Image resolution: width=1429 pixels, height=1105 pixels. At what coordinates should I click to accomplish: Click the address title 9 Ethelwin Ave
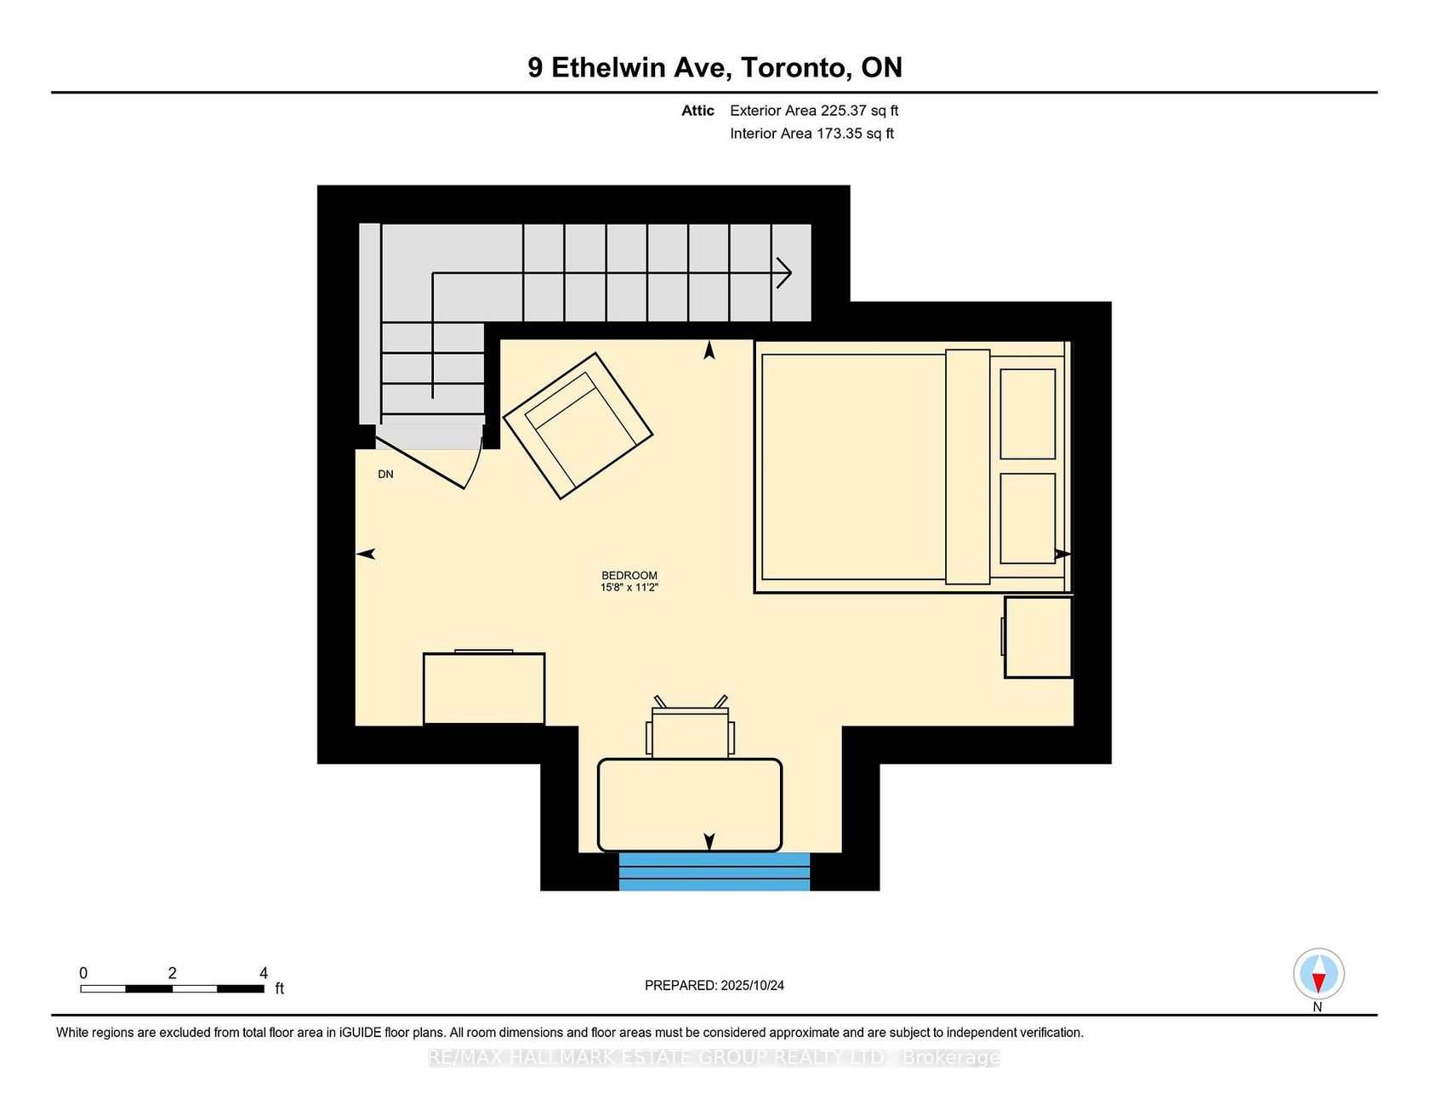(x=629, y=67)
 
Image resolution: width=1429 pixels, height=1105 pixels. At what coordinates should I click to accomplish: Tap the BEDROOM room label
(x=629, y=575)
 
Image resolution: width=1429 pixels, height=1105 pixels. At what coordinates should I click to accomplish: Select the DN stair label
(x=385, y=475)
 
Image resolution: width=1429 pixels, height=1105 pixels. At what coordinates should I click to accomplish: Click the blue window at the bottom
(x=714, y=872)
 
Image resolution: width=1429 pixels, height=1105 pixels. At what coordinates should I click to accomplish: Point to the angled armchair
(x=578, y=425)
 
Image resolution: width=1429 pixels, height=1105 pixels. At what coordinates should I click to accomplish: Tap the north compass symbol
(x=1318, y=974)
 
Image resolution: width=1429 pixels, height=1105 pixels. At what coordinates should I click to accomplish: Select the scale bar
(x=172, y=988)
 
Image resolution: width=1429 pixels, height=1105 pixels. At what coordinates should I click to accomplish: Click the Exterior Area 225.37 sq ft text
(x=814, y=111)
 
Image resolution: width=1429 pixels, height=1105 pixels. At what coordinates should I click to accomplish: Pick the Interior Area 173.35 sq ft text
(x=811, y=134)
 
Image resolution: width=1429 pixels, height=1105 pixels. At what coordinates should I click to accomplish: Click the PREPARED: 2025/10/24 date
(x=714, y=985)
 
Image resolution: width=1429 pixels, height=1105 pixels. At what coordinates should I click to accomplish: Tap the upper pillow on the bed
(x=1028, y=414)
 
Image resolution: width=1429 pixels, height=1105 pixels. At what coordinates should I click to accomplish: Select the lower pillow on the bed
(x=1028, y=518)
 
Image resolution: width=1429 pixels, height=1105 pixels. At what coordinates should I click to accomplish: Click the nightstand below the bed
(x=1038, y=637)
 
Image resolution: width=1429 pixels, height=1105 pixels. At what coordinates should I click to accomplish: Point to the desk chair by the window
(x=690, y=727)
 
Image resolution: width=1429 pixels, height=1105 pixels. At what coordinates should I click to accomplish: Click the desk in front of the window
(x=690, y=805)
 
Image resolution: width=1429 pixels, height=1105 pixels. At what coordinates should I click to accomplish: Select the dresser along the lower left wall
(x=484, y=688)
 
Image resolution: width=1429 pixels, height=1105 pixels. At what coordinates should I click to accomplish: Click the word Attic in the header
(x=697, y=111)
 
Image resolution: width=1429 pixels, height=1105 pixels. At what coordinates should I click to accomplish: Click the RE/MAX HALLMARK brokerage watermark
(x=714, y=1057)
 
